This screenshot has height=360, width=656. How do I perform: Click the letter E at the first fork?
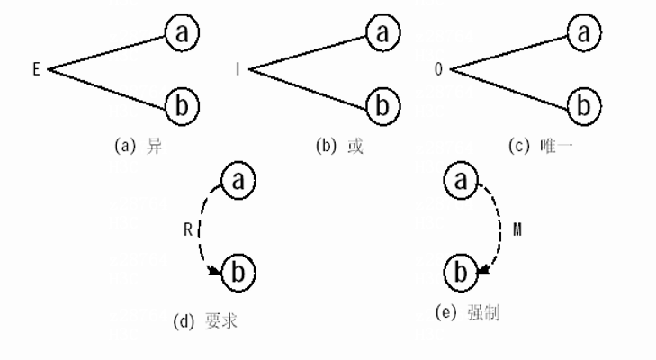tap(36, 68)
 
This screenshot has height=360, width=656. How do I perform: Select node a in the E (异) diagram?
tap(183, 33)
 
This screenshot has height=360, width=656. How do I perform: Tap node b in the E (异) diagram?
tap(183, 105)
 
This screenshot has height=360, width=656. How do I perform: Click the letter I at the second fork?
tap(238, 68)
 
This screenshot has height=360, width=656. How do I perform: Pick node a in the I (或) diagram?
tap(384, 33)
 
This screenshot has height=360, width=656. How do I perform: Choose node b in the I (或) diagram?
tap(384, 105)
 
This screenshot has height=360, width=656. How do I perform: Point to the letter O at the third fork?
tap(439, 68)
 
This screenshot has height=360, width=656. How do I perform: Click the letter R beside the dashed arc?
tap(187, 229)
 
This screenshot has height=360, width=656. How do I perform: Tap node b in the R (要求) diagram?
tap(238, 270)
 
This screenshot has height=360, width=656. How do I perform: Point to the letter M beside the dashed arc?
tap(517, 229)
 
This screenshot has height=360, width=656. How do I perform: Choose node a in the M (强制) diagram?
tap(461, 180)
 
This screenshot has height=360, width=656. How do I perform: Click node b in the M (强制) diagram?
tap(460, 269)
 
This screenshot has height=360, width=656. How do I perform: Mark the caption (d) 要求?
tap(206, 319)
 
